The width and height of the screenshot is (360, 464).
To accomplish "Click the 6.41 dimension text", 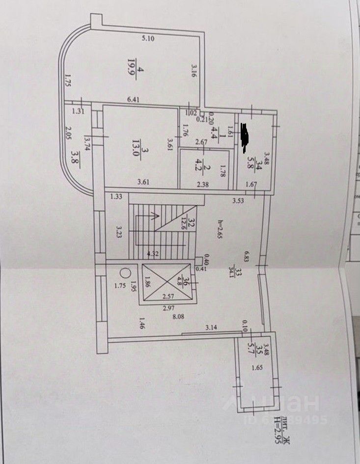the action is click(x=134, y=100).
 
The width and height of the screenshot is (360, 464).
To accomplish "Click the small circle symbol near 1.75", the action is click(x=125, y=272).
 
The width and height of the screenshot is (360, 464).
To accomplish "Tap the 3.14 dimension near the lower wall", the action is click(x=212, y=327).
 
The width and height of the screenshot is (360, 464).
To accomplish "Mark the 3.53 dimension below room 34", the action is click(x=239, y=199).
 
